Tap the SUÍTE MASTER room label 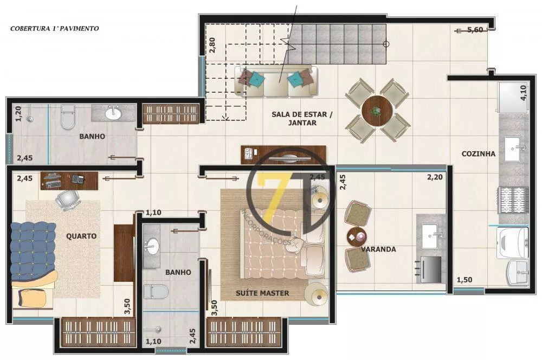[x=262, y=293]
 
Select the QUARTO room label [x=81, y=236]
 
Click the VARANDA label [x=379, y=249]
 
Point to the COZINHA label [x=478, y=153]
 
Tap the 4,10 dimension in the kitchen [x=523, y=93]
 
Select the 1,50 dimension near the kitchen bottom [x=464, y=280]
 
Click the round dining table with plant [x=375, y=111]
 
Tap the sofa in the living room [x=276, y=81]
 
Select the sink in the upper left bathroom [x=113, y=113]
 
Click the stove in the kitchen [x=513, y=200]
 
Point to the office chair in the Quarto [x=66, y=200]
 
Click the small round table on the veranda [x=357, y=236]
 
